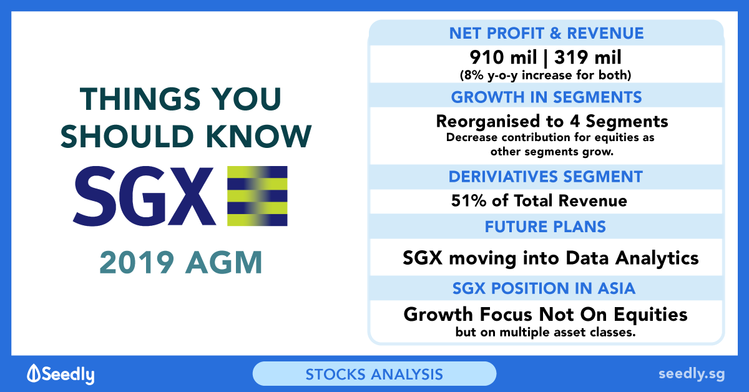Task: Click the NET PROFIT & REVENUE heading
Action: [546, 33]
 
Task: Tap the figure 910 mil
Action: [503, 57]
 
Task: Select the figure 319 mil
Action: [588, 57]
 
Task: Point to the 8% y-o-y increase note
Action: [546, 76]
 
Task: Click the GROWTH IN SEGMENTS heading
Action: [546, 97]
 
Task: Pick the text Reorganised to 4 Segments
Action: [552, 122]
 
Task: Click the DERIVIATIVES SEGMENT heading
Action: [546, 177]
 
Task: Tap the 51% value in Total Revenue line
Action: [469, 201]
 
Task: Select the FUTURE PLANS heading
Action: [546, 227]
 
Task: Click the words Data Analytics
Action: [632, 258]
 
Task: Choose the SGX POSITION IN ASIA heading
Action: [544, 288]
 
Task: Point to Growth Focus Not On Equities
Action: [546, 315]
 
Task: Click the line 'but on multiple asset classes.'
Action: [546, 332]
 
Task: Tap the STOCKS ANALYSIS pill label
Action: [374, 375]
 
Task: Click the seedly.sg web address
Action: [692, 374]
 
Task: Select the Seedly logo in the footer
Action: [61, 374]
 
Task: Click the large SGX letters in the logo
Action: [144, 196]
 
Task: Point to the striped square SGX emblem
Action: [257, 196]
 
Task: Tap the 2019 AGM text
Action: [180, 263]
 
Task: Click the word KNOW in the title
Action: [259, 136]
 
